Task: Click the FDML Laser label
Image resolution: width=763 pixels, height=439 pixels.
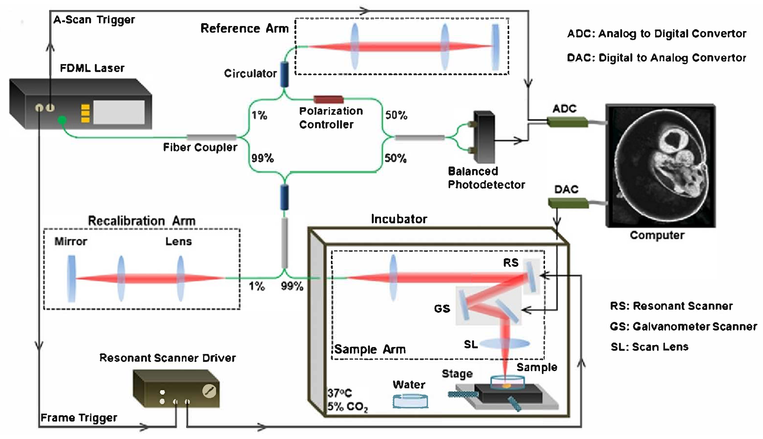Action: click(x=92, y=68)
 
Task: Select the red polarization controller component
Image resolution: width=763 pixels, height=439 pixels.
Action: click(x=328, y=99)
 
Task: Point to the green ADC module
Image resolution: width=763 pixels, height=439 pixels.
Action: click(x=567, y=122)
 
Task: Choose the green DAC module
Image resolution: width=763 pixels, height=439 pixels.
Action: click(x=568, y=203)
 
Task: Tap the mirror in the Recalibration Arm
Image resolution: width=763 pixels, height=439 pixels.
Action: click(x=72, y=278)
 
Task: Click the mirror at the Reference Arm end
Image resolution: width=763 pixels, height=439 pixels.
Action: click(x=495, y=47)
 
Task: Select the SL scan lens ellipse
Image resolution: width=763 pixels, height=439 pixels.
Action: click(x=504, y=343)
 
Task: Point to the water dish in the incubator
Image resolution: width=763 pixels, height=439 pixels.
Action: click(x=410, y=401)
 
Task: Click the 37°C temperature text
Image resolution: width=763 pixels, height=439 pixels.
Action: click(x=339, y=393)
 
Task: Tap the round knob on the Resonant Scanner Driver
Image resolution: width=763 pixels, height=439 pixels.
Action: click(x=209, y=391)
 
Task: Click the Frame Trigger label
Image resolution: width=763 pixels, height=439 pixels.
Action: click(x=79, y=418)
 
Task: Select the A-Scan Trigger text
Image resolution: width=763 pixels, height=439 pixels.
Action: click(x=94, y=20)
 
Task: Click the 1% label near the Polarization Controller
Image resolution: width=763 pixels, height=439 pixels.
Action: click(x=259, y=115)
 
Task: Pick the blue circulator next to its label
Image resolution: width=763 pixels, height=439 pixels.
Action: click(x=284, y=74)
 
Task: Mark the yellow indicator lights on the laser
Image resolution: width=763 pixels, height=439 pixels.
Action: click(x=85, y=113)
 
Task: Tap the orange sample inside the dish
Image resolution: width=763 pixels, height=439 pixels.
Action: click(x=506, y=386)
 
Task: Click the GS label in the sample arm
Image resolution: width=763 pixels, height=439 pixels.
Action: click(x=442, y=309)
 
